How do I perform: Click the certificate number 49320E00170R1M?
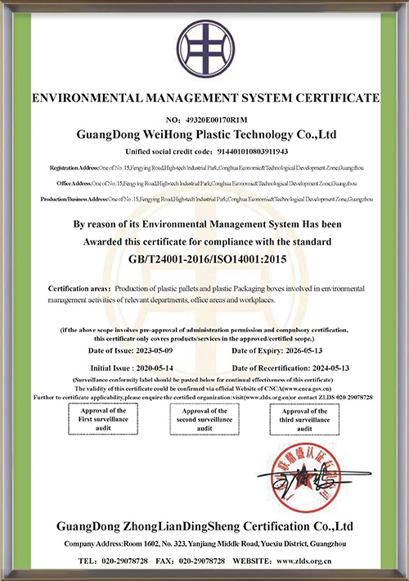(216, 119)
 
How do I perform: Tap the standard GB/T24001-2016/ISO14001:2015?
(204, 260)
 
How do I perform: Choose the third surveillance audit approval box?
(304, 419)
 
